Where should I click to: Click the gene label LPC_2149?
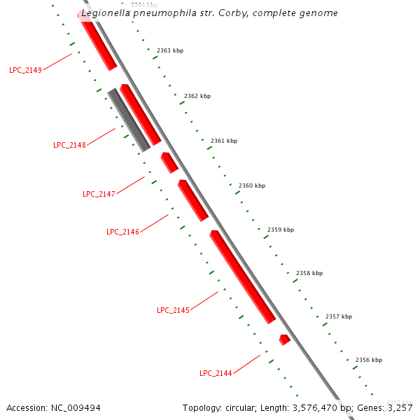pos(25,70)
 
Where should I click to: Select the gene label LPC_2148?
pos(69,145)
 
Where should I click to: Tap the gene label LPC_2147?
pos(99,194)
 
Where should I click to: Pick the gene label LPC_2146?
pos(122,232)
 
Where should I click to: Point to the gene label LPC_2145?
pos(173,310)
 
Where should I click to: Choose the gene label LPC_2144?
pos(216,373)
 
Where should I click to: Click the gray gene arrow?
pos(129,120)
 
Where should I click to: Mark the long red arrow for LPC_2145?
pos(242,276)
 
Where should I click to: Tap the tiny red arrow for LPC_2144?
pos(284,339)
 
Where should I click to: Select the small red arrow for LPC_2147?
pos(169,162)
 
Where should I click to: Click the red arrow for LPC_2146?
pos(192,200)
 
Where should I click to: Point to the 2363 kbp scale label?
pos(170,50)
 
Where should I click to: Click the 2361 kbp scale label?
pos(224,141)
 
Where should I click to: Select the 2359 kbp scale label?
pos(281,230)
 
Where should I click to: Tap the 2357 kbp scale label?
pos(339,316)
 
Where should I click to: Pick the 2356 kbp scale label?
pos(369,360)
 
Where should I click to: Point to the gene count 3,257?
pos(400,407)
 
